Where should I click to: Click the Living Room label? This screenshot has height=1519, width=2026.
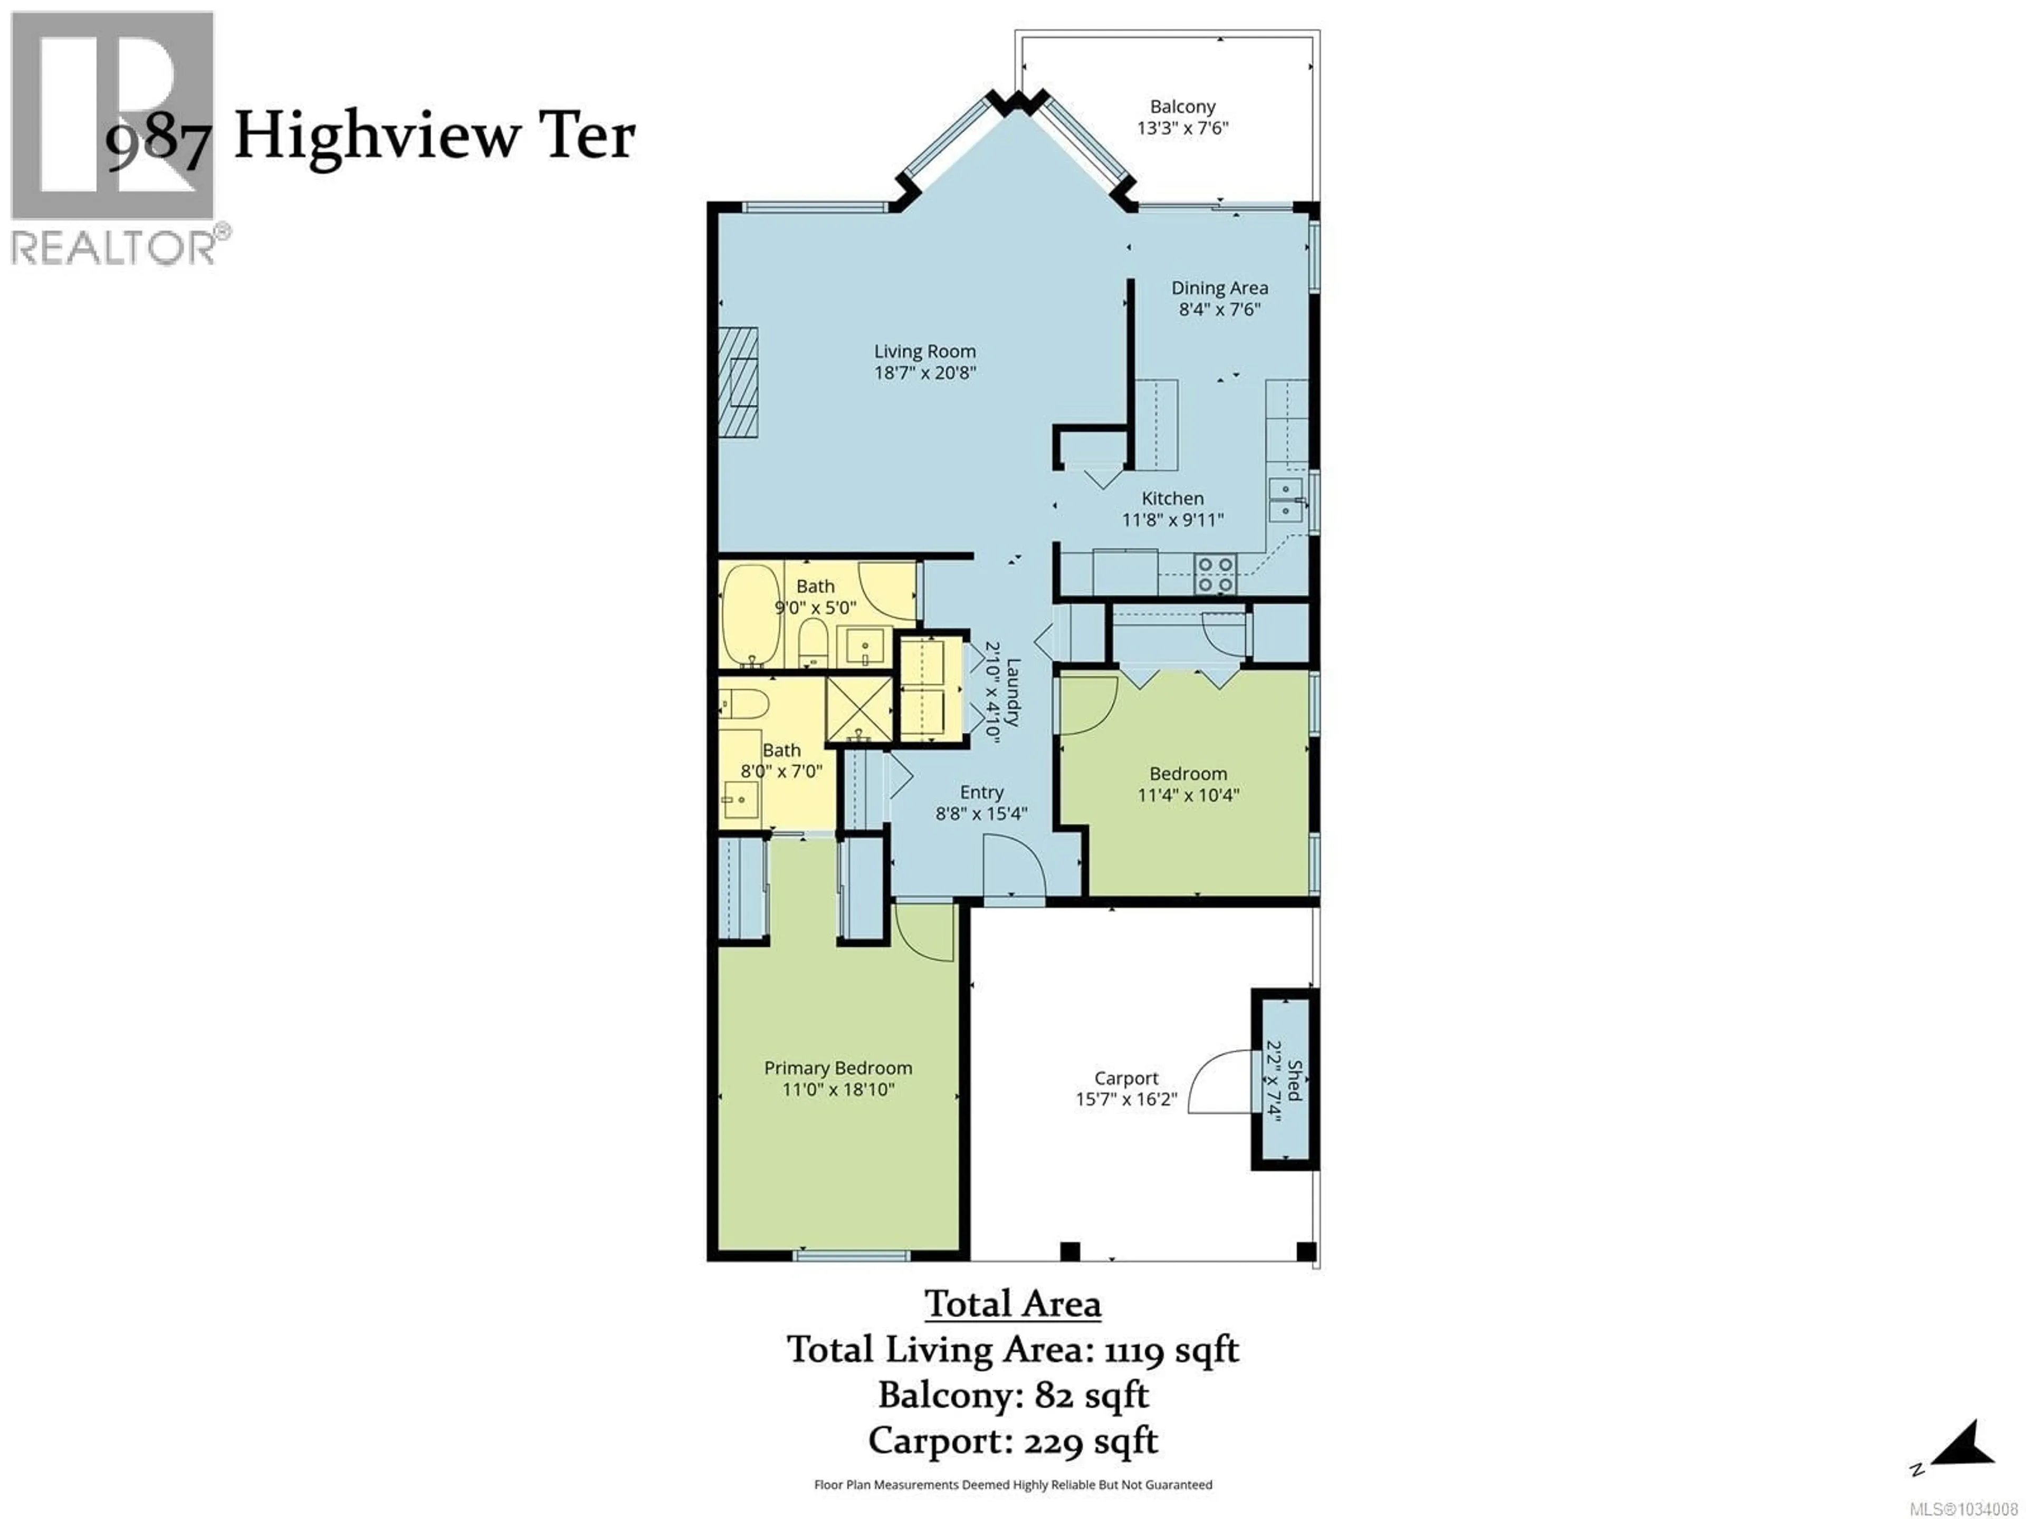[x=924, y=352]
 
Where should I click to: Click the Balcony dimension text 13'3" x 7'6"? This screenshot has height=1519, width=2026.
[x=1182, y=128]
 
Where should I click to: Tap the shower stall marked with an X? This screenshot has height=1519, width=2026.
[x=859, y=709]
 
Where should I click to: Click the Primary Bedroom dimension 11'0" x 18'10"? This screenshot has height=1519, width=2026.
[x=838, y=1090]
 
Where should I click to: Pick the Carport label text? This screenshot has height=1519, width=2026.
[x=1126, y=1079]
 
